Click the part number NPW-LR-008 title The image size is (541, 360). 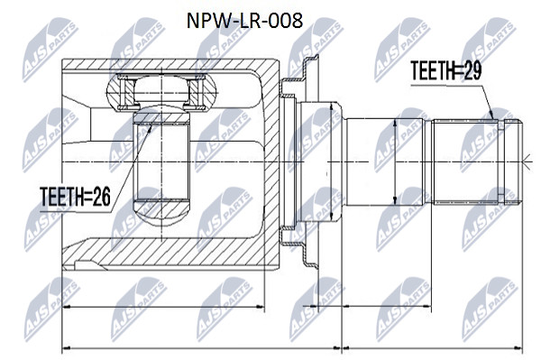[244, 21]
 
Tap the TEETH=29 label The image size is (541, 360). [445, 70]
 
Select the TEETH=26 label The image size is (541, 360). [75, 197]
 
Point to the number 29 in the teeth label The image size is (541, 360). [472, 70]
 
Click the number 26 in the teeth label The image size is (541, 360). [101, 197]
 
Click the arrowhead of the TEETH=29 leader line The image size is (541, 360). [493, 115]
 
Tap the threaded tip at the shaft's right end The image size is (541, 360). [513, 162]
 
